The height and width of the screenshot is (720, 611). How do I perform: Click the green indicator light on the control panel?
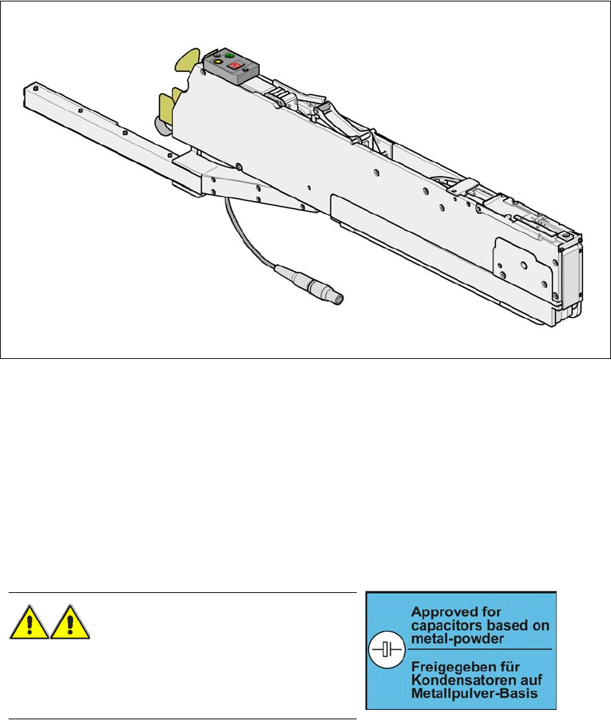tap(230, 55)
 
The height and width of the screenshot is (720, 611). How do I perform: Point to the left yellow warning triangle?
tap(29, 622)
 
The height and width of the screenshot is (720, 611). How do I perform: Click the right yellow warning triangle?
tap(70, 622)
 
